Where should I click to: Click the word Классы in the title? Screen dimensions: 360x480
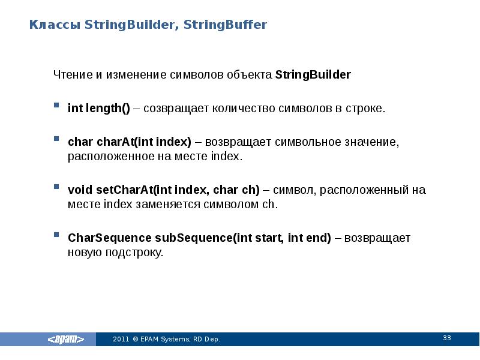pos(55,25)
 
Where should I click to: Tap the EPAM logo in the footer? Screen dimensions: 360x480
pos(67,340)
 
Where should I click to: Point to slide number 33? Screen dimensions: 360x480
pos(446,338)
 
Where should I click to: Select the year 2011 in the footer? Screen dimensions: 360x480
pos(121,340)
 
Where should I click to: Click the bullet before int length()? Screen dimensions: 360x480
pos(56,105)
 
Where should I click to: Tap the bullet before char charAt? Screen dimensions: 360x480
pos(56,139)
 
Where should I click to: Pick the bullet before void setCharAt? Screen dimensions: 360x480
pos(56,187)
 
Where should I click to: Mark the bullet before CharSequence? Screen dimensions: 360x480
pos(56,234)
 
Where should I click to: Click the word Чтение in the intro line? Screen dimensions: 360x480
pos(71,75)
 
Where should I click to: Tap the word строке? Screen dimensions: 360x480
pos(364,109)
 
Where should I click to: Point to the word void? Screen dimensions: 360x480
pos(80,190)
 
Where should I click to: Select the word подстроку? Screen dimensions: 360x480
pos(135,253)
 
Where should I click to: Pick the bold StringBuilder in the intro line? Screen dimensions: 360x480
pos(313,75)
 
